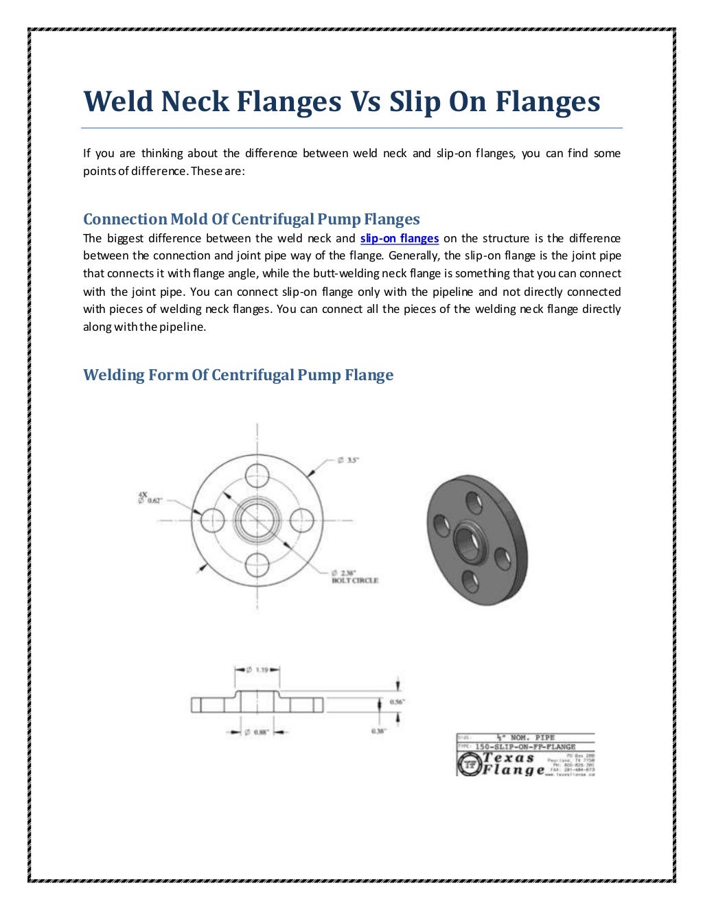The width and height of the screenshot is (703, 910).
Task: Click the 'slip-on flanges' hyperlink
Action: (399, 239)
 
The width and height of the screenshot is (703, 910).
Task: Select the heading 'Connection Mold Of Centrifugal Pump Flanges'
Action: (251, 220)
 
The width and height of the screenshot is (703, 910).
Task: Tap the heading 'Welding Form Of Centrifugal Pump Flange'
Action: (238, 375)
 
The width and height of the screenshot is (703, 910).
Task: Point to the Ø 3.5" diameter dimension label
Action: (347, 460)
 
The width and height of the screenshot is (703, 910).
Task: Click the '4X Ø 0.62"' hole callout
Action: (149, 498)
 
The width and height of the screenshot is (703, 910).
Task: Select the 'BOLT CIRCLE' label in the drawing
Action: (354, 581)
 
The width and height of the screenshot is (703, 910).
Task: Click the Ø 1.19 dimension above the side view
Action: (257, 670)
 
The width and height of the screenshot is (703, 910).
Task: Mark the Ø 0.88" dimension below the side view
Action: (257, 732)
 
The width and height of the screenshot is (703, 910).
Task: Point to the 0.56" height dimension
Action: (397, 701)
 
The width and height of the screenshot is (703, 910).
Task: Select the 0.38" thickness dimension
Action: (378, 732)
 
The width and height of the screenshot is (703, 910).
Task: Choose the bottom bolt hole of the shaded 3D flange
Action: (470, 582)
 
